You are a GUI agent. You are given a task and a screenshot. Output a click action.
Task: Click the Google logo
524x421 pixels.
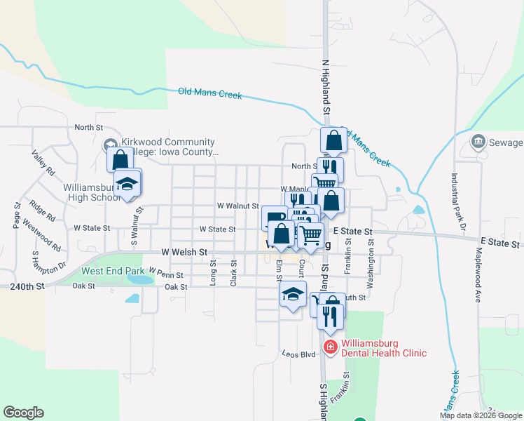[23, 413]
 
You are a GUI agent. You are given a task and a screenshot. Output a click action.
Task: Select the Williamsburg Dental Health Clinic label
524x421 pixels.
[384, 348]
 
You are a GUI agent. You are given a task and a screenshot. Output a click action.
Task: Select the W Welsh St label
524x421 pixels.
[184, 251]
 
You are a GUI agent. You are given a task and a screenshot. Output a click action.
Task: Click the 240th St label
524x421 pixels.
[27, 286]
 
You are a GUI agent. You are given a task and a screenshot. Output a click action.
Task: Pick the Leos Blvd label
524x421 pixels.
[298, 354]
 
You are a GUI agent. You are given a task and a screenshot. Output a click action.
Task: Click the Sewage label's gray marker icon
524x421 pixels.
[478, 142]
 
